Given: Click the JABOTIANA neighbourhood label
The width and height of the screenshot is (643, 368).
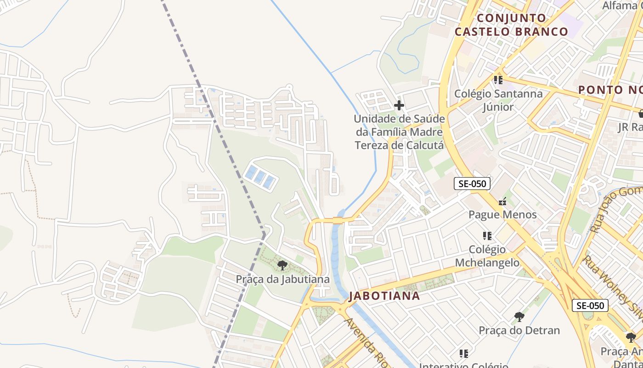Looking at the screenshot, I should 384,296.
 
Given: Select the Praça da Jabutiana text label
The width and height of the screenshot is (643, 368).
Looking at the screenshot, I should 282,279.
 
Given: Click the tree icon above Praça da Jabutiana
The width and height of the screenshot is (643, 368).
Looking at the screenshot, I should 282,265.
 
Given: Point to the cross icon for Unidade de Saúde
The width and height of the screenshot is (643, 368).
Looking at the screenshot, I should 399,105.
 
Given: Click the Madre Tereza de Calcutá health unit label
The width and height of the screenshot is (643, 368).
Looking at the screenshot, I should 399,132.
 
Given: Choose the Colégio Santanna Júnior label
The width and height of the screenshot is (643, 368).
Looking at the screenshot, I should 498,100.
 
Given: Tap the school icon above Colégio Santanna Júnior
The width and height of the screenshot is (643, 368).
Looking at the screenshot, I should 498,80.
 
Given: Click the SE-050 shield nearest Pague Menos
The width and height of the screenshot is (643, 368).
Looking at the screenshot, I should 472,184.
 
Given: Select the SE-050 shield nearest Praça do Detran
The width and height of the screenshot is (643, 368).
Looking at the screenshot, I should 590,305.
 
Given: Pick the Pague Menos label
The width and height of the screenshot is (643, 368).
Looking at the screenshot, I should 502,214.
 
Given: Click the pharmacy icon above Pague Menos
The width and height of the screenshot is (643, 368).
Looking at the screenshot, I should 502,201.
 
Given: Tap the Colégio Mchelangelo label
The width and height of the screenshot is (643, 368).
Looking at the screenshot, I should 487,256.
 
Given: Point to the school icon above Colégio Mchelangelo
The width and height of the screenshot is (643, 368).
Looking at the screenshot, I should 487,236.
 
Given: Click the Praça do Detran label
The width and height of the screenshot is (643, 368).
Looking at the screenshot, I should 519,330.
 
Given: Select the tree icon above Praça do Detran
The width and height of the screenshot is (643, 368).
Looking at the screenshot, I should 519,316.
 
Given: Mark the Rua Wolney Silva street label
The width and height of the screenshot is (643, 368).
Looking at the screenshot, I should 613,287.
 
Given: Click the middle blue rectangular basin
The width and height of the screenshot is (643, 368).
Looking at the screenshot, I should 260,177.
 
